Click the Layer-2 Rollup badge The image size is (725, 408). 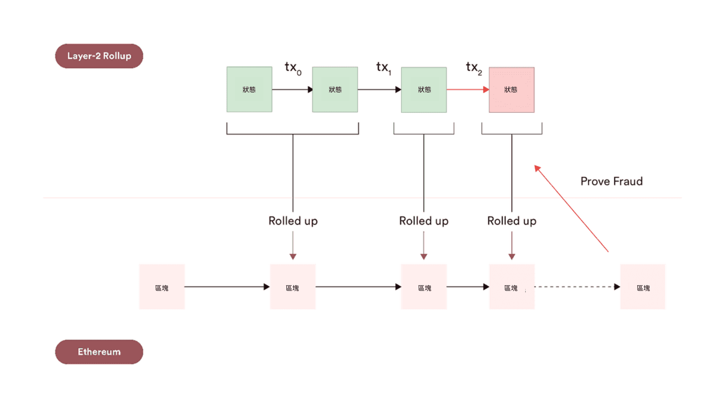coord(99,56)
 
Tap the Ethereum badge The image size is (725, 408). coord(99,352)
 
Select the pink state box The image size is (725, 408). coord(512,90)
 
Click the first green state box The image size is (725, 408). coord(249,90)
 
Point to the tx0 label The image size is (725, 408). coord(293,68)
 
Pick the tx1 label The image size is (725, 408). coord(383,68)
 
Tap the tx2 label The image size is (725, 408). coord(474,68)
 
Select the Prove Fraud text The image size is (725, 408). coord(611,181)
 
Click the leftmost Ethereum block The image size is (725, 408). coord(162,287)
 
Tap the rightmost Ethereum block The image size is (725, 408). coord(643,287)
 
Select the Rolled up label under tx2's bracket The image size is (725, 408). coord(512,221)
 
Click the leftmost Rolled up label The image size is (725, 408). coord(293,221)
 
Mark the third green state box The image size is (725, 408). coord(424,90)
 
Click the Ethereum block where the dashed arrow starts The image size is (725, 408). coord(512,287)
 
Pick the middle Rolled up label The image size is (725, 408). coord(424,221)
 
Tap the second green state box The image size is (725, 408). coord(335,90)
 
